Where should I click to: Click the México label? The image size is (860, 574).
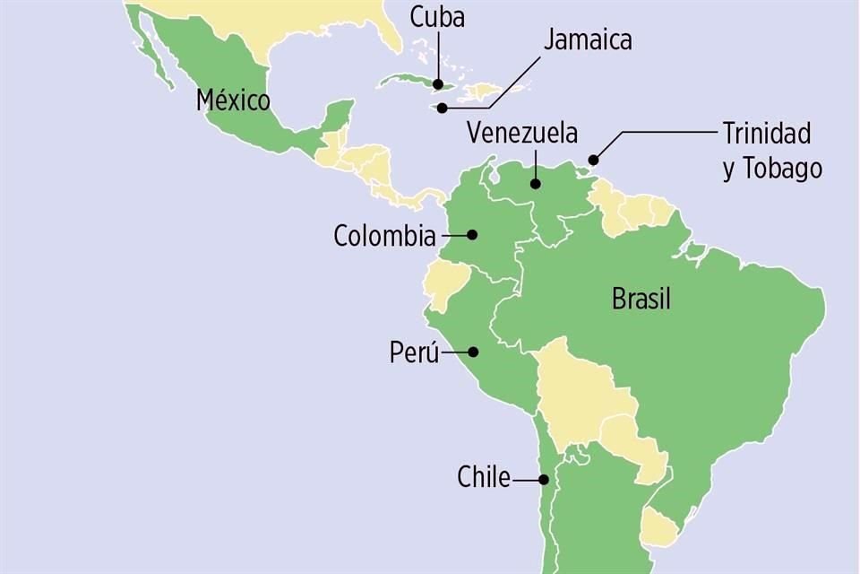[233, 100]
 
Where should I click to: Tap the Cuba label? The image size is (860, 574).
[437, 16]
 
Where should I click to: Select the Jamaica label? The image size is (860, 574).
[587, 39]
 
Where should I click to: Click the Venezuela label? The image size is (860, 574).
[522, 134]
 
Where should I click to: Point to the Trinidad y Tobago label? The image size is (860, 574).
[771, 151]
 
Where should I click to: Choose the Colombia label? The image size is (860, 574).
[384, 236]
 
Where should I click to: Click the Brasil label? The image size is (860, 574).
[641, 299]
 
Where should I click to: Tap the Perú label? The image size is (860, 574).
[414, 352]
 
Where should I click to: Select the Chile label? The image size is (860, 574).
[484, 477]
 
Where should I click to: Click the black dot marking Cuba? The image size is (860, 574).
[438, 84]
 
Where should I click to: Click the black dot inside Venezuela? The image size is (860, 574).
[535, 184]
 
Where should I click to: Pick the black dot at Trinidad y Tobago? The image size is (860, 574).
[593, 161]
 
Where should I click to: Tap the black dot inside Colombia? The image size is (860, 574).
[472, 235]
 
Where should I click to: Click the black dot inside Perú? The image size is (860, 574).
[473, 352]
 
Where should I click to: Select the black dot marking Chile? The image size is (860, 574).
[543, 479]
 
